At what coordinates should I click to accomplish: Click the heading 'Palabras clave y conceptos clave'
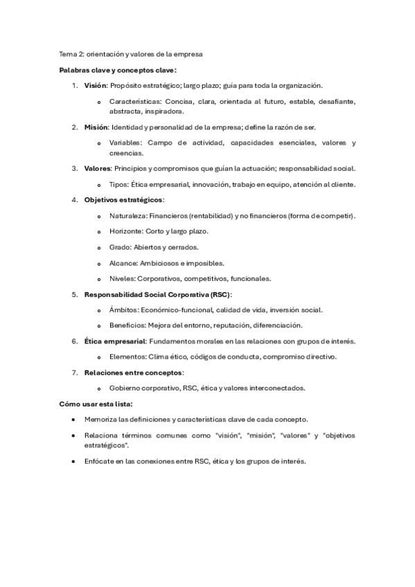point(117,70)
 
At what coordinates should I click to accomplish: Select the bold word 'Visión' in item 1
point(96,85)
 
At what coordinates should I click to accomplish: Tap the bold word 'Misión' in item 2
point(96,127)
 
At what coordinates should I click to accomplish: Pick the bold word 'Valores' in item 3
point(97,168)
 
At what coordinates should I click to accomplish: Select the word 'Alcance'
point(123,263)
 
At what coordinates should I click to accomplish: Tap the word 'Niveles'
point(121,279)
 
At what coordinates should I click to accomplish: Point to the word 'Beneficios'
point(126,325)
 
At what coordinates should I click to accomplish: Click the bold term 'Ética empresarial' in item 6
point(114,341)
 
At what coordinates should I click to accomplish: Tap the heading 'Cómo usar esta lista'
point(96,404)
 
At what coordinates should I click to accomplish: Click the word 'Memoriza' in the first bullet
point(102,419)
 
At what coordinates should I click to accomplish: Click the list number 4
point(74,200)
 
